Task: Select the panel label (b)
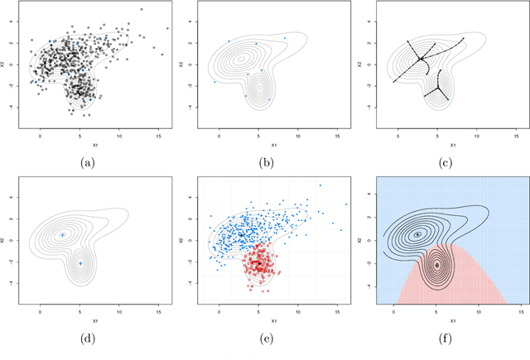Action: tap(264, 163)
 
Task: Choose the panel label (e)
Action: tap(264, 338)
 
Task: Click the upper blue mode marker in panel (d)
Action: tap(62, 235)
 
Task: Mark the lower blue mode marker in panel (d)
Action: tap(80, 263)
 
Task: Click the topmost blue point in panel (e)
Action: tap(320, 185)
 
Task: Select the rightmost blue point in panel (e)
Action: tap(346, 204)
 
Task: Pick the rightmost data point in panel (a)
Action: tap(166, 28)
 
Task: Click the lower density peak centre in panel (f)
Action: tap(436, 264)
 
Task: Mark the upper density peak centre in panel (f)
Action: tap(417, 234)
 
